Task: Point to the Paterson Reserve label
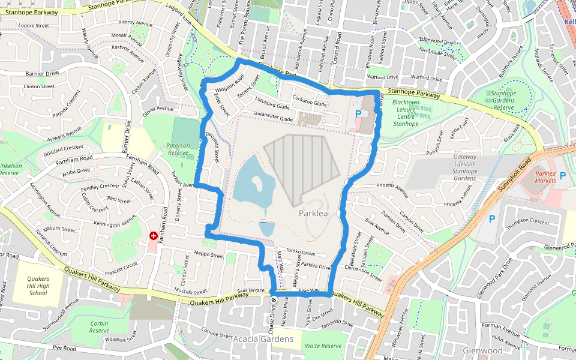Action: [x=178, y=149]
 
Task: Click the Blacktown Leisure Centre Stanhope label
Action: [x=406, y=113]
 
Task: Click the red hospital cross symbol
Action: [x=154, y=236]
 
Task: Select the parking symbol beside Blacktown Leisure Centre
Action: [x=359, y=113]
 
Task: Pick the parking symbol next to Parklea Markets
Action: [x=562, y=175]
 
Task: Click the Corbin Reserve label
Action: [x=99, y=327]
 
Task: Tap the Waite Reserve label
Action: [x=323, y=346]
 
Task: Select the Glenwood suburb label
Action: [x=482, y=350]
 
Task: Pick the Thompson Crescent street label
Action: [x=527, y=223]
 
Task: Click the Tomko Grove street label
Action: [x=301, y=252]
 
